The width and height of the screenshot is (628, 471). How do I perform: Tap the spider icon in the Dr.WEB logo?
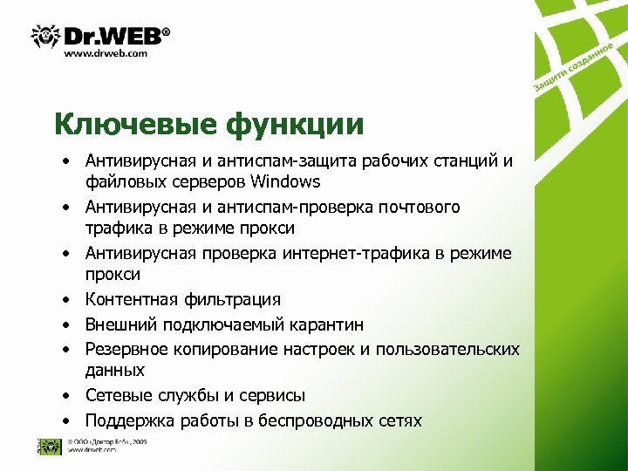[45, 36]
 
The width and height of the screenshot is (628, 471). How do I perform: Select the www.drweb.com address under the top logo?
[106, 53]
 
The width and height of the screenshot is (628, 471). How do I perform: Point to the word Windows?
[285, 182]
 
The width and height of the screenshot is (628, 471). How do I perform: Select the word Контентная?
[131, 300]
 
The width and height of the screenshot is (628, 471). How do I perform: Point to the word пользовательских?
[447, 349]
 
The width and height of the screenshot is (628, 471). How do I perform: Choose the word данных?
[115, 371]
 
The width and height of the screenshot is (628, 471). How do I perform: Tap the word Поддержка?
[129, 420]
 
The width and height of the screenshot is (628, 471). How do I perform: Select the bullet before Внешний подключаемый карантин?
[65, 325]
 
